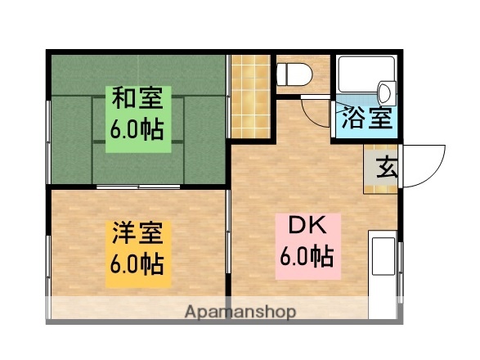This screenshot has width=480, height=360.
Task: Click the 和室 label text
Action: pyautogui.click(x=137, y=101)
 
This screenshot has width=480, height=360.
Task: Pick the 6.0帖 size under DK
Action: pyautogui.click(x=306, y=256)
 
